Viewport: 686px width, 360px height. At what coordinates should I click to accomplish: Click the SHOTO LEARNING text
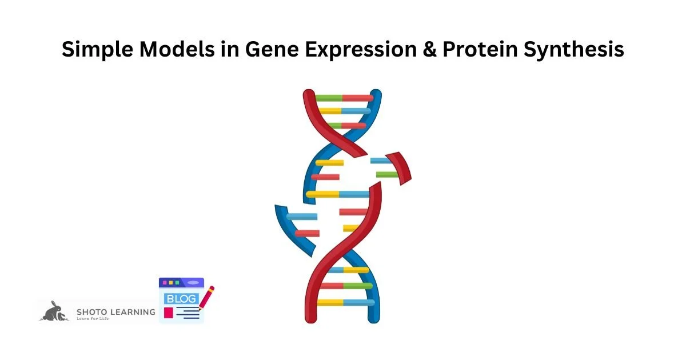tap(115, 312)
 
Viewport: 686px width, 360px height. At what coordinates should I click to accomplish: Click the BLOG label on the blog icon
tap(180, 299)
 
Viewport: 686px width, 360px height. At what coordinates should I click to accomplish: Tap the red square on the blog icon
tap(168, 313)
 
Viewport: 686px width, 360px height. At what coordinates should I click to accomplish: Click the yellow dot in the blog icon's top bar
tap(170, 283)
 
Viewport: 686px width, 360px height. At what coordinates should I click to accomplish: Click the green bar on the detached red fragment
tap(387, 174)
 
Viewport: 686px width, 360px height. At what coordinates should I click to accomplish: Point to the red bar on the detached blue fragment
tap(307, 233)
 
